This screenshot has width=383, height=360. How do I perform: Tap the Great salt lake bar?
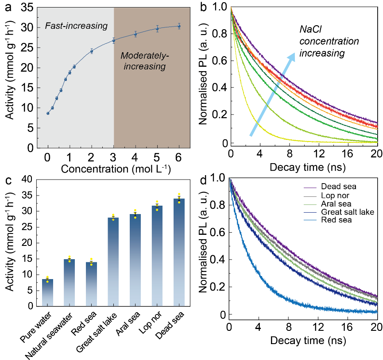point(114,261)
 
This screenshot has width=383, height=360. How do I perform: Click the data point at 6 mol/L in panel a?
point(179,26)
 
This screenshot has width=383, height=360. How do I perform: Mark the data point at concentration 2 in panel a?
point(92,51)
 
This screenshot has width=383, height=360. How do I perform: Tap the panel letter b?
point(203,8)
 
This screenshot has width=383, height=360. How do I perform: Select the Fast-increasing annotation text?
point(77,26)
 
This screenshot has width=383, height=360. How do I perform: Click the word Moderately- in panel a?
point(145,56)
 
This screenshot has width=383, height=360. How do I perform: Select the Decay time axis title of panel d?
point(302,341)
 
